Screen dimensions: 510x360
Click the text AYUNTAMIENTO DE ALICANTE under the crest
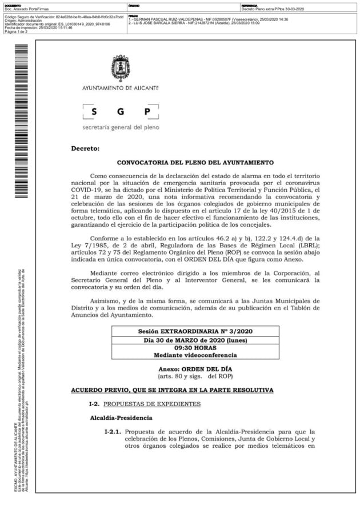point(120,88)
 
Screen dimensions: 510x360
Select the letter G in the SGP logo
point(121,112)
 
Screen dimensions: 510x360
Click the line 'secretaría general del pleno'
point(121,127)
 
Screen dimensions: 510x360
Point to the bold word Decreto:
point(85,149)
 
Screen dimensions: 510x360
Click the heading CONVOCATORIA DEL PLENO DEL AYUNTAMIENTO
point(195,163)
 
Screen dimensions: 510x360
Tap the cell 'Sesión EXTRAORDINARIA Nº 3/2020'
point(195,331)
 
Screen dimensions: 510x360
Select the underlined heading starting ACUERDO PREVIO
point(172,390)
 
